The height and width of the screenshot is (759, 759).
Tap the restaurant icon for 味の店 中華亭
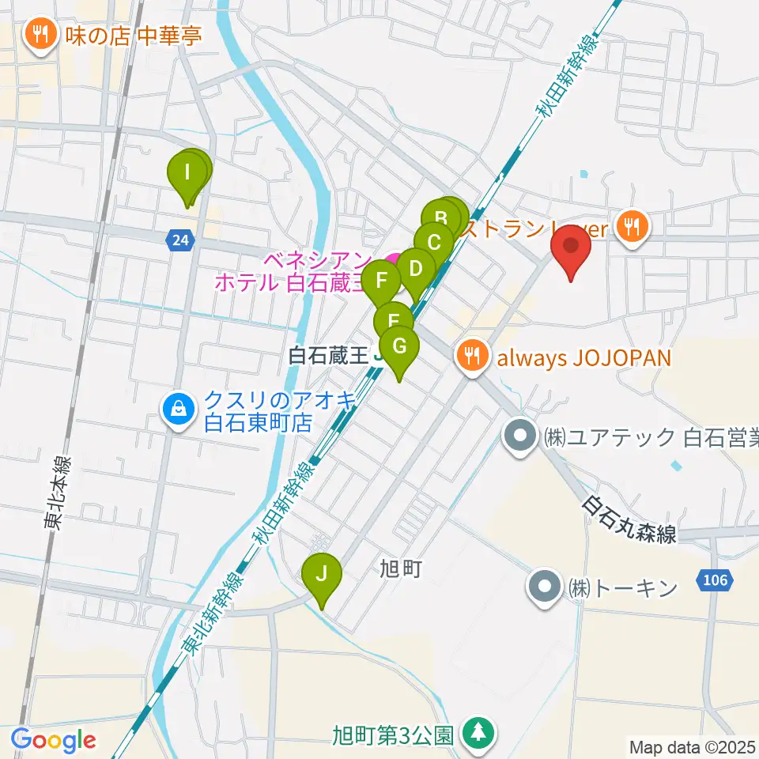pos(39,34)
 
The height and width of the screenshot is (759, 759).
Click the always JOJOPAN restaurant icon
pos(471,357)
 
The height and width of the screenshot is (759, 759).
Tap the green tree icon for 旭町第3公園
pos(478,733)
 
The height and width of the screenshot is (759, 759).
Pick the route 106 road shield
pos(713,581)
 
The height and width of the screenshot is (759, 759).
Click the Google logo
pos(53,741)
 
